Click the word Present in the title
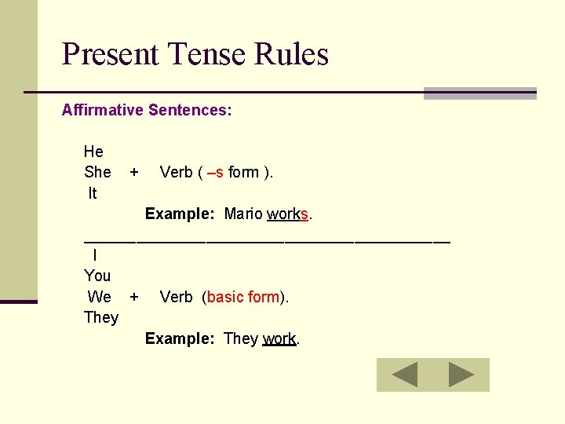pos(110,55)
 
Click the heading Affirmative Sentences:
pos(147,110)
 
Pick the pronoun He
pos(93,152)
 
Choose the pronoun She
pos(97,172)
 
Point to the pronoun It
pos(93,193)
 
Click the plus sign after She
pos(134,172)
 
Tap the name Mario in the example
pos(242,214)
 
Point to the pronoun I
pos(95,255)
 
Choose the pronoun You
pos(97,276)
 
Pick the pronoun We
pos(100,297)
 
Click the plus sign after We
pos(134,297)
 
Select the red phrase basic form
pos(243,297)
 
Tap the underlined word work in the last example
pos(279,338)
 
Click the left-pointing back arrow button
pos(405,375)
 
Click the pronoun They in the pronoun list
pos(101,317)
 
